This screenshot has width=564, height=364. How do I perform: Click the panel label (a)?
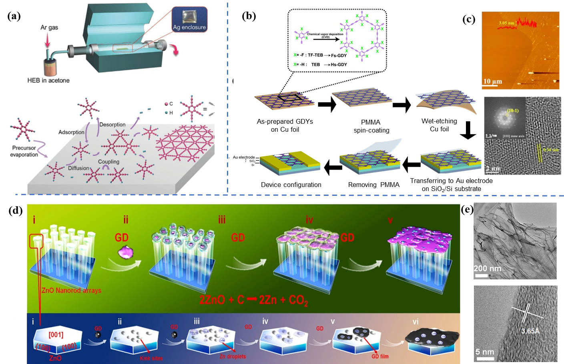tap(14, 16)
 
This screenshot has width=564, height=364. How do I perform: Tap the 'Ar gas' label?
tap(49, 28)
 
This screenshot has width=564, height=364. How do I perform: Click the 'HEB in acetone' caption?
tap(48, 80)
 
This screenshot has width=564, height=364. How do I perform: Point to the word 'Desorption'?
tap(112, 125)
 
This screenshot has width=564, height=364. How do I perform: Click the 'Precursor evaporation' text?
tap(24, 151)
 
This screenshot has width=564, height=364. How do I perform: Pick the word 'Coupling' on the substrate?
tap(108, 162)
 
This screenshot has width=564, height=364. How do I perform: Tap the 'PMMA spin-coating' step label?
tap(371, 126)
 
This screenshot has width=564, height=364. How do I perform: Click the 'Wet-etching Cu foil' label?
tap(439, 125)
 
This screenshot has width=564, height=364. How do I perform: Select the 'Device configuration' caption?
tap(291, 185)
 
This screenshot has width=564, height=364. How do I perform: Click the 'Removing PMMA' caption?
tap(374, 185)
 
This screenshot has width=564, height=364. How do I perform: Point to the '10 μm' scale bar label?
tap(492, 82)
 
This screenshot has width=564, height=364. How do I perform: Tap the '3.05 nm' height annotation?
tap(506, 23)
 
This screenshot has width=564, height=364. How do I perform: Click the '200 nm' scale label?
tap(487, 268)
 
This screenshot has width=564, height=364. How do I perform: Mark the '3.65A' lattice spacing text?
tap(530, 331)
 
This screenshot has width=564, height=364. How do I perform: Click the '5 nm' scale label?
tap(485, 352)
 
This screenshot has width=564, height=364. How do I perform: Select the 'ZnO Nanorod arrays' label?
tap(71, 290)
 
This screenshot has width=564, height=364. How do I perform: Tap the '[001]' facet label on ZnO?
tap(56, 334)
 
